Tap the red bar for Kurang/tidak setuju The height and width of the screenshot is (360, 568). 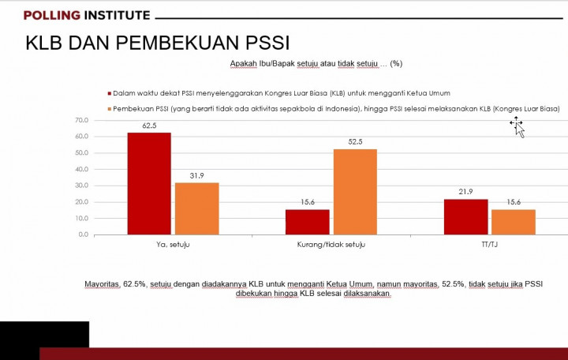point(307,222)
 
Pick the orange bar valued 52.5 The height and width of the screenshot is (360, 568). point(355,192)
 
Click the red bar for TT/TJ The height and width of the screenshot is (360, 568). point(465,216)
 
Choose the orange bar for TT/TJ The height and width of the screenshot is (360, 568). point(513,222)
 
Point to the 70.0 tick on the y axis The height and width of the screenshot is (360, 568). point(81,120)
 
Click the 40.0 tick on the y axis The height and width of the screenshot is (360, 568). point(81,169)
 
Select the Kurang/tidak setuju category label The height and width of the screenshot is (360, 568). point(331,246)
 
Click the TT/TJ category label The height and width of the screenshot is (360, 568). point(489,246)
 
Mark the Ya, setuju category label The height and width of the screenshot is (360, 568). point(173,246)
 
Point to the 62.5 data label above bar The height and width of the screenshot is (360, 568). point(149,126)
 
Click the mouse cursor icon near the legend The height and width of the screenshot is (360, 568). point(518,126)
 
